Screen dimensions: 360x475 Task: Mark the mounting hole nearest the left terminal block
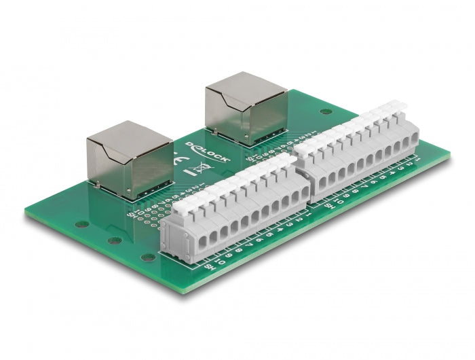147,257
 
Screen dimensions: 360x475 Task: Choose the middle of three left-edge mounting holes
114,240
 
